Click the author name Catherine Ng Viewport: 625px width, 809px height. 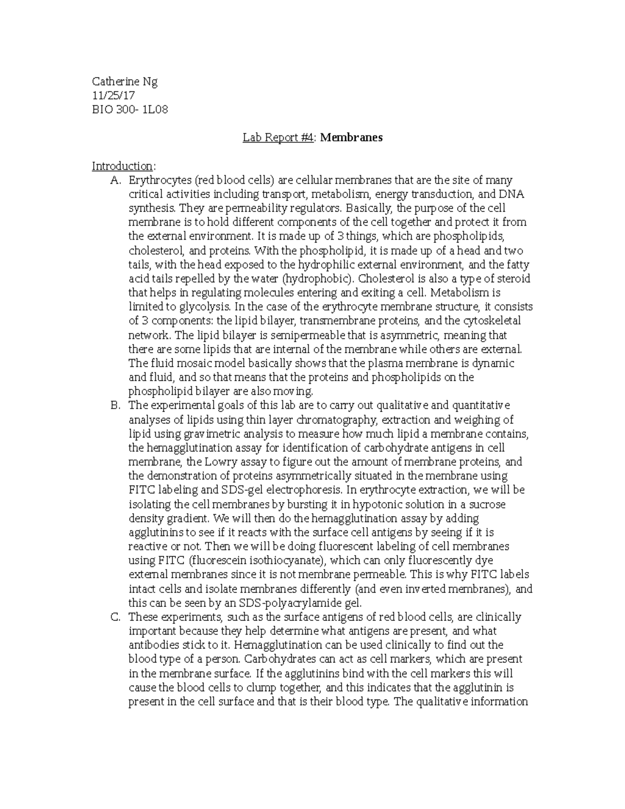(124, 82)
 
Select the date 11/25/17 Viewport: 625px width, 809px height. (114, 96)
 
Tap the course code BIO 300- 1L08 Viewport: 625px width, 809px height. (130, 110)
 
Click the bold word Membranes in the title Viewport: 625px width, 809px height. (351, 138)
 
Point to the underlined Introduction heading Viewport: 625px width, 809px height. (122, 166)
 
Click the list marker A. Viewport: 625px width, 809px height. (115, 181)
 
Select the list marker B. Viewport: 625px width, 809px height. (115, 406)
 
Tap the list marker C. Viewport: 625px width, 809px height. (115, 617)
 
